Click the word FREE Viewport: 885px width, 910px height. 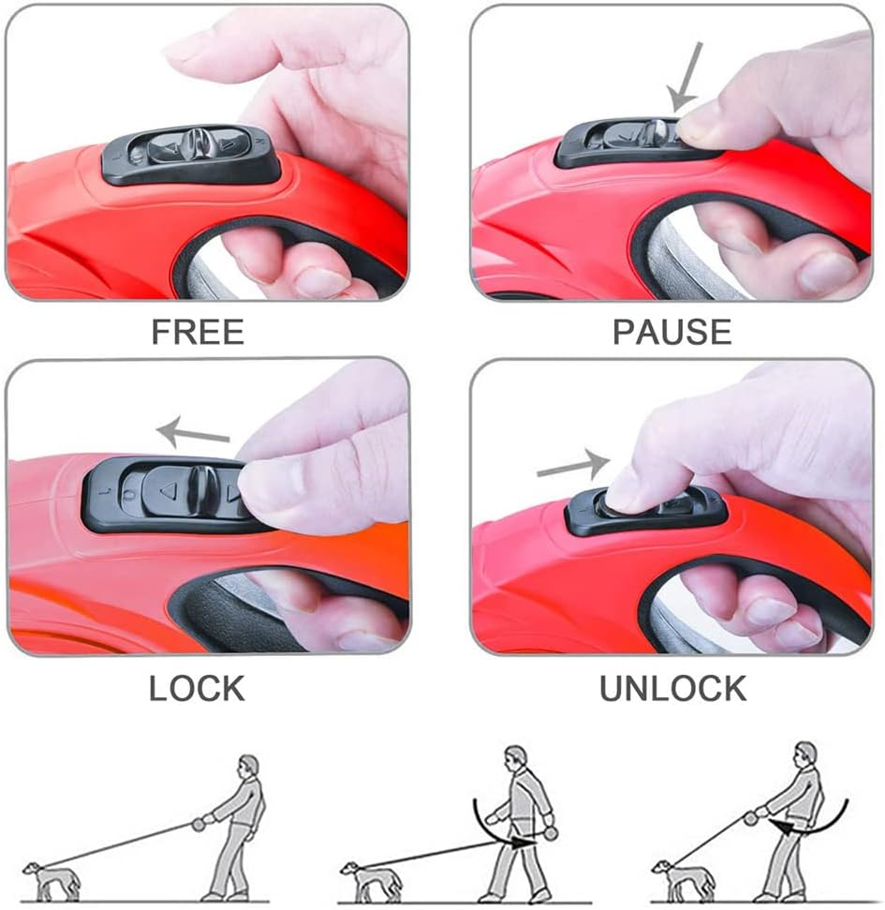(x=198, y=332)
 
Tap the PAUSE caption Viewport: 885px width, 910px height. (x=672, y=332)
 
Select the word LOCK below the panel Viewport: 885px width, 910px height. (x=198, y=688)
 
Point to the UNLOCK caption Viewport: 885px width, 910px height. (x=672, y=688)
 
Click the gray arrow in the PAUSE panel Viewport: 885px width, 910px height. (x=686, y=77)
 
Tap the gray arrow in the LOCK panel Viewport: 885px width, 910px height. (x=193, y=432)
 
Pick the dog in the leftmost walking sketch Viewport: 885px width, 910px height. (x=51, y=880)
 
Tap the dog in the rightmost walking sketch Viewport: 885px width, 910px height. (x=682, y=879)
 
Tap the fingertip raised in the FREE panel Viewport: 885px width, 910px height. (x=180, y=53)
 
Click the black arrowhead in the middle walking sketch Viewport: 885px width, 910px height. (x=523, y=842)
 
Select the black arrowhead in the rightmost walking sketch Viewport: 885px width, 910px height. (x=782, y=827)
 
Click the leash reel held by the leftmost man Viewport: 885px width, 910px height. (x=199, y=824)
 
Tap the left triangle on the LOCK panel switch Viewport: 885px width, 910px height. (x=168, y=492)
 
